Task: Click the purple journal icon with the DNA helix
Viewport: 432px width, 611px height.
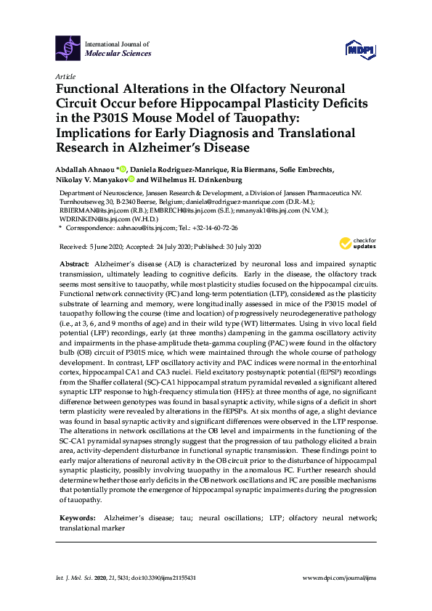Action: tap(68, 49)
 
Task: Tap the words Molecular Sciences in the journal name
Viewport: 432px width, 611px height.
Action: tap(118, 54)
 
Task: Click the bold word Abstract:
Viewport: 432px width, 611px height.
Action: tap(75, 265)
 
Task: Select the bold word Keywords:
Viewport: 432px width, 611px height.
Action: tap(76, 518)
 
